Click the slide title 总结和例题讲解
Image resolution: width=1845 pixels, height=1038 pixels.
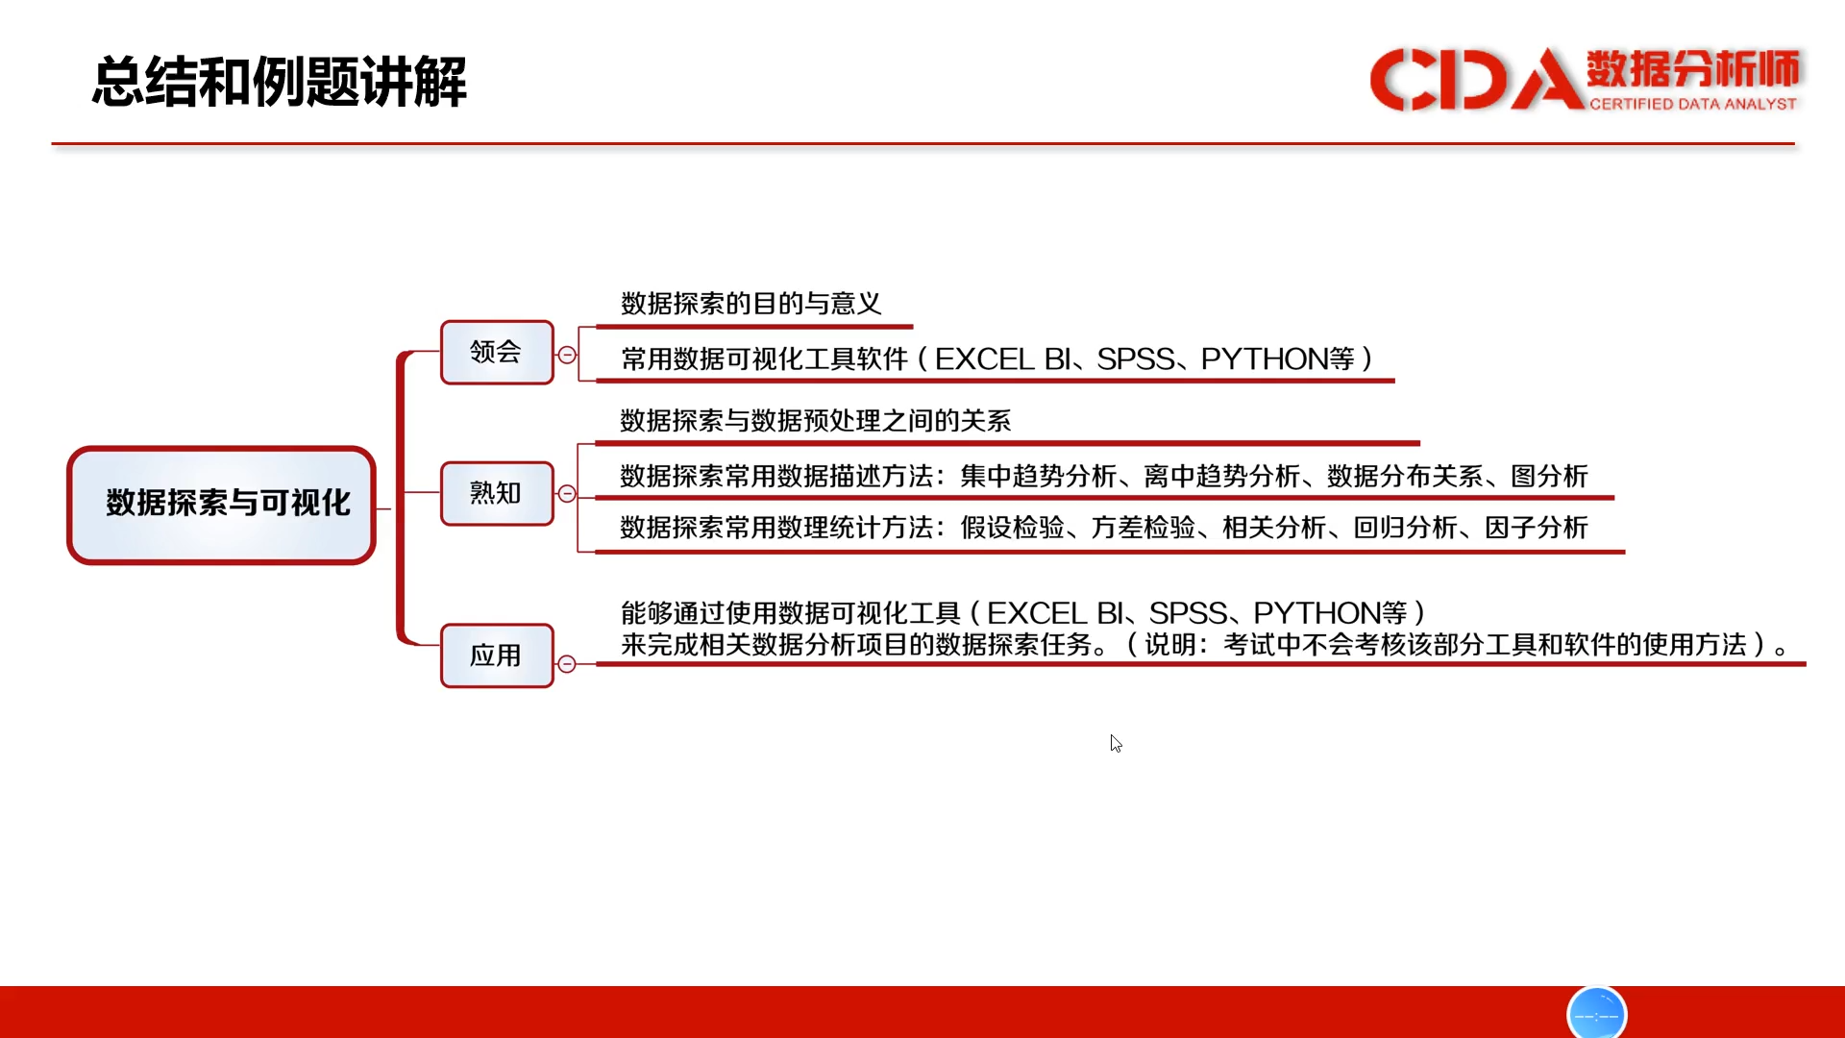pyautogui.click(x=280, y=81)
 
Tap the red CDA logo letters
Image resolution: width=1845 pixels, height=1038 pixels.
pyautogui.click(x=1476, y=79)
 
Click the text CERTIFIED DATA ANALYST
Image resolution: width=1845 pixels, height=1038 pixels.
pyautogui.click(x=1692, y=104)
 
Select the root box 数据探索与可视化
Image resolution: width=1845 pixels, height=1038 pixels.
pyautogui.click(x=221, y=505)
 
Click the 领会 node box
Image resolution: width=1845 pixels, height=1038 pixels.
pyautogui.click(x=497, y=353)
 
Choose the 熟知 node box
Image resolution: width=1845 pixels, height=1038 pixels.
pyautogui.click(x=497, y=494)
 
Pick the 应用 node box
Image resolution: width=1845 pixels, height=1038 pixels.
pyautogui.click(x=497, y=655)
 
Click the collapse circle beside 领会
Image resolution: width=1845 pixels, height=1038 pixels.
pyautogui.click(x=567, y=356)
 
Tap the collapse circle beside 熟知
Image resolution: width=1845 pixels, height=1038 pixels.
pyautogui.click(x=567, y=494)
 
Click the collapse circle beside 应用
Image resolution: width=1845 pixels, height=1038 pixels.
pyautogui.click(x=567, y=664)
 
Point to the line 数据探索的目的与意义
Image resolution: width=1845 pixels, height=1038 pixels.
pyautogui.click(x=751, y=304)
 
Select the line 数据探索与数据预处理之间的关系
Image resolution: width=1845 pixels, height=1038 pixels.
pyautogui.click(x=816, y=421)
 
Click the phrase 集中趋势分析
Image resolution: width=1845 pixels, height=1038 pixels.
pyautogui.click(x=1038, y=477)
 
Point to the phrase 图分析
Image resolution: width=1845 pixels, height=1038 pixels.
pyautogui.click(x=1549, y=477)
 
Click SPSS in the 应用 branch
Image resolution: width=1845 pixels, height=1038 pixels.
pyautogui.click(x=1188, y=613)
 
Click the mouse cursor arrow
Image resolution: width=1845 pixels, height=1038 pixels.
pyautogui.click(x=1116, y=744)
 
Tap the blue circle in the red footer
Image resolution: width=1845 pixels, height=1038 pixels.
pyautogui.click(x=1596, y=1013)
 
